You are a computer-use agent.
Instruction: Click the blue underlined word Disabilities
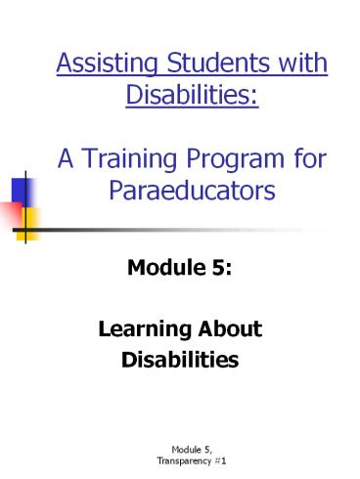click(x=192, y=98)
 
